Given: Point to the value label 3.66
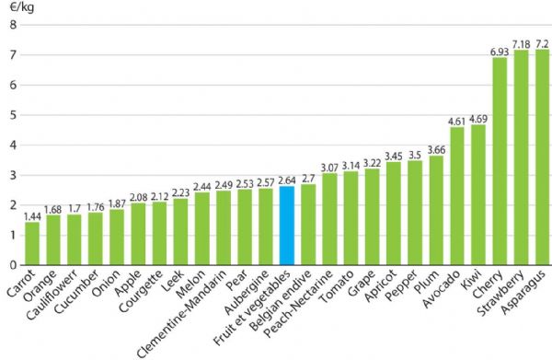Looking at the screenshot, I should tap(436, 148).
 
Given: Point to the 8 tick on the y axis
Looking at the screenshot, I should tap(12, 25).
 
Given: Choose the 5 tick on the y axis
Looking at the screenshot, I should tap(12, 115).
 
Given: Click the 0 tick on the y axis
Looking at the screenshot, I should tap(12, 265).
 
